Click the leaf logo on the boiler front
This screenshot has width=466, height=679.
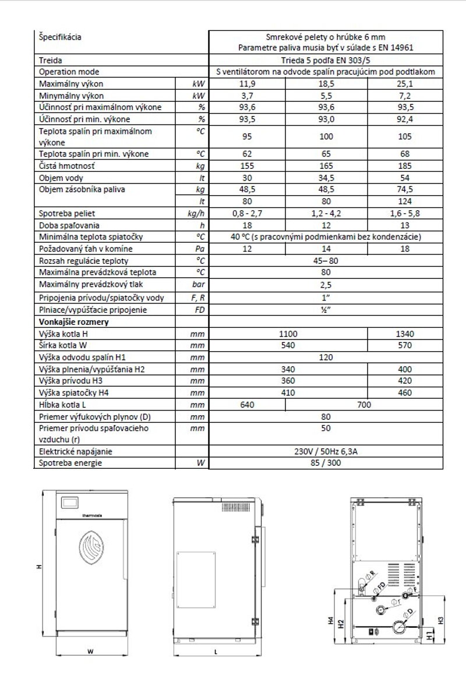[91, 546]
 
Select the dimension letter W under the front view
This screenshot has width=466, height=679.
[90, 652]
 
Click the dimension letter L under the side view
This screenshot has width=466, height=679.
[216, 652]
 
